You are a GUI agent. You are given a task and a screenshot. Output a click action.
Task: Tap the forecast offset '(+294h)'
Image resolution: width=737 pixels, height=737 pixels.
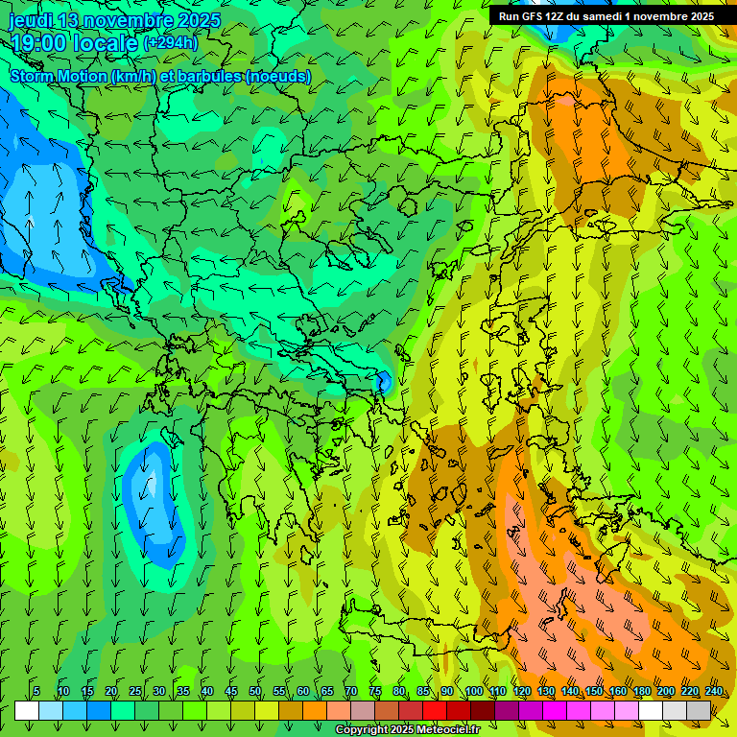pyautogui.click(x=171, y=42)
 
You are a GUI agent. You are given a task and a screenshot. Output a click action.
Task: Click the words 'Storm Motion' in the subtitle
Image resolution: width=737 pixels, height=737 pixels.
pyautogui.click(x=59, y=76)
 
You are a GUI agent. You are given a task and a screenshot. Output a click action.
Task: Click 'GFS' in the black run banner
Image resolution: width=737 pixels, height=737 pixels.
pyautogui.click(x=535, y=16)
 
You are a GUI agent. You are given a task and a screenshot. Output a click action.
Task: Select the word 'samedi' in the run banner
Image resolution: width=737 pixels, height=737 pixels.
pyautogui.click(x=602, y=16)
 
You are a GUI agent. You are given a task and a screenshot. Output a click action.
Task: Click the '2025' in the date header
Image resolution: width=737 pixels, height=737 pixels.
pyautogui.click(x=200, y=20)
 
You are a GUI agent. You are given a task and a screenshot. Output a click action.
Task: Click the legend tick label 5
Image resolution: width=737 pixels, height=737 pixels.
pyautogui.click(x=36, y=691)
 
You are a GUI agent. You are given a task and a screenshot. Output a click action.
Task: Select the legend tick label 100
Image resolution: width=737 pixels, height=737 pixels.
pyautogui.click(x=474, y=691)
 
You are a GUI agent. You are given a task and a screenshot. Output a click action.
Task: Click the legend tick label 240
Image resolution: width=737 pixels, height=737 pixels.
pyautogui.click(x=714, y=691)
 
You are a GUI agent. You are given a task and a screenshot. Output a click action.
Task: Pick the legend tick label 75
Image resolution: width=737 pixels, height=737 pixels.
pyautogui.click(x=375, y=691)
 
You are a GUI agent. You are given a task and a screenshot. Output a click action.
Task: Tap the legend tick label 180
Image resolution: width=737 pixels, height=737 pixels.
pyautogui.click(x=641, y=691)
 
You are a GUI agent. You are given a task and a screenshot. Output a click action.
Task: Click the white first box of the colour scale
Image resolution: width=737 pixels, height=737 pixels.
pyautogui.click(x=27, y=710)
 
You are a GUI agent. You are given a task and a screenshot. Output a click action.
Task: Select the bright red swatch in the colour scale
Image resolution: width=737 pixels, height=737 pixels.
pyautogui.click(x=435, y=710)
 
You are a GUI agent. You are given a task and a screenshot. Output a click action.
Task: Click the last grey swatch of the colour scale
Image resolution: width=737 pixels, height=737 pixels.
pyautogui.click(x=699, y=710)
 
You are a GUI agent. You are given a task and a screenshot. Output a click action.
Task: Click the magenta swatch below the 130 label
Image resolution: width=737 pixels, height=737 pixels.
pyautogui.click(x=555, y=710)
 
